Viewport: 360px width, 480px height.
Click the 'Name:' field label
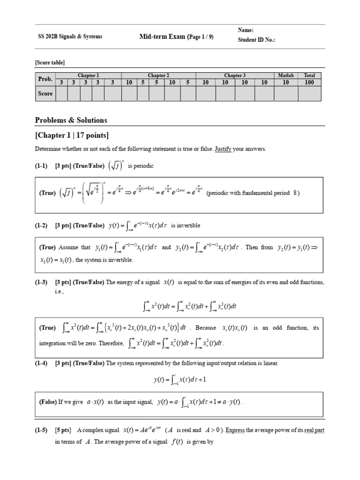click(x=246, y=30)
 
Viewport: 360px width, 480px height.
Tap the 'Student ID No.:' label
click(x=256, y=40)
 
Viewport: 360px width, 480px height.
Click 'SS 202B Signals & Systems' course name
click(x=70, y=37)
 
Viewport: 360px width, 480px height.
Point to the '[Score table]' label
click(x=50, y=62)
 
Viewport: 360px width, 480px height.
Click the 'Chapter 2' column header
click(x=158, y=75)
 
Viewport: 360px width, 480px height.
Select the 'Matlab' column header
click(x=285, y=75)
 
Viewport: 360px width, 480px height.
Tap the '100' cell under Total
click(x=309, y=82)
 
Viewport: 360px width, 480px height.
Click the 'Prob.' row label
click(x=45, y=79)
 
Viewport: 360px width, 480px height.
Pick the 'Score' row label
click(x=45, y=93)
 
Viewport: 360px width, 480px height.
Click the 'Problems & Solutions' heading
click(x=71, y=120)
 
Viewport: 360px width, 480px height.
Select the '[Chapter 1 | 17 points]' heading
click(x=72, y=135)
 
